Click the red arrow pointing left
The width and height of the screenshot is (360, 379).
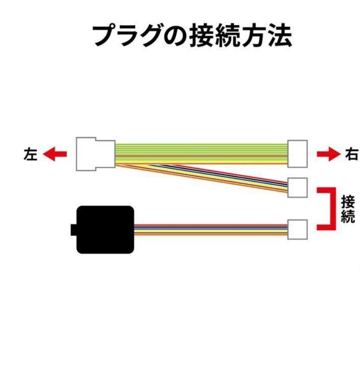coord(55,154)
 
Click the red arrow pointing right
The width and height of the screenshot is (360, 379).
coord(328,154)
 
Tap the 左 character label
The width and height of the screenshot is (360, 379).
coord(30,154)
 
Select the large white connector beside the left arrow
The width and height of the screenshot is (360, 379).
coord(96,154)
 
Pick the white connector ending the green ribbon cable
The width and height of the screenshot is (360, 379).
coord(297,154)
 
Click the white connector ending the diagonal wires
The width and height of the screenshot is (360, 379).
coord(297,187)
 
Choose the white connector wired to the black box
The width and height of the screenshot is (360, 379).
coord(297,229)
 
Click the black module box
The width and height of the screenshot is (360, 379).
coord(105,230)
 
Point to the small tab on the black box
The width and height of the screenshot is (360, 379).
coord(73,230)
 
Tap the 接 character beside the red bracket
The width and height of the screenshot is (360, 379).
coord(348,202)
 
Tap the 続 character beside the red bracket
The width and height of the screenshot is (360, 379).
coord(348,216)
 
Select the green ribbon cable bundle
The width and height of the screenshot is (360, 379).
coord(201,154)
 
